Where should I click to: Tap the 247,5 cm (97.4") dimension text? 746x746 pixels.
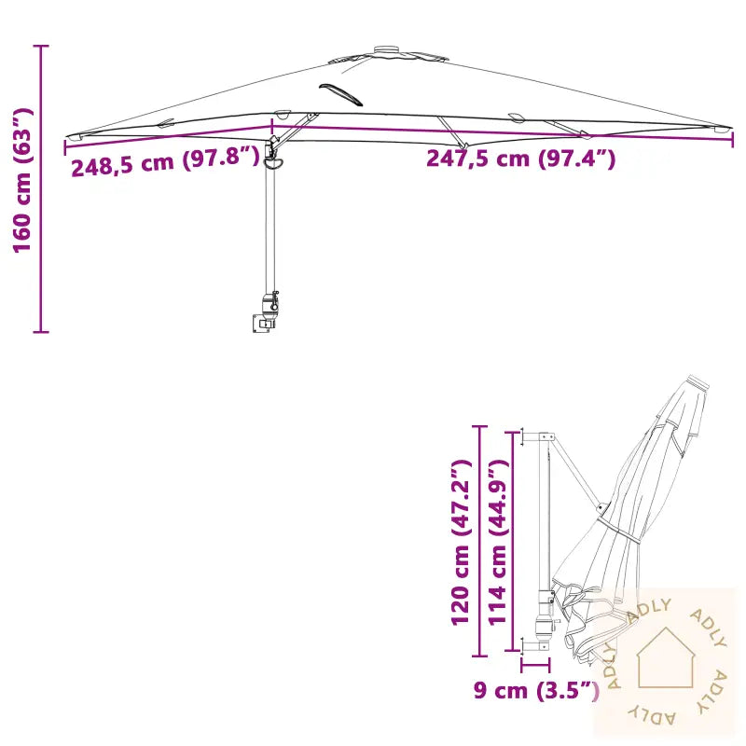[x=520, y=159]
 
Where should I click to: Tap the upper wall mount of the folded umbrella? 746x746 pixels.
[x=540, y=436]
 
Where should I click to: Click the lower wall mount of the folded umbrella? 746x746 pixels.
[x=536, y=644]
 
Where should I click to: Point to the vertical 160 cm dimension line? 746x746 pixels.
[x=41, y=186]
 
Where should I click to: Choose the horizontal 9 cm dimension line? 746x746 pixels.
[x=535, y=665]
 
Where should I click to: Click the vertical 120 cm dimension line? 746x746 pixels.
[x=479, y=541]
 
